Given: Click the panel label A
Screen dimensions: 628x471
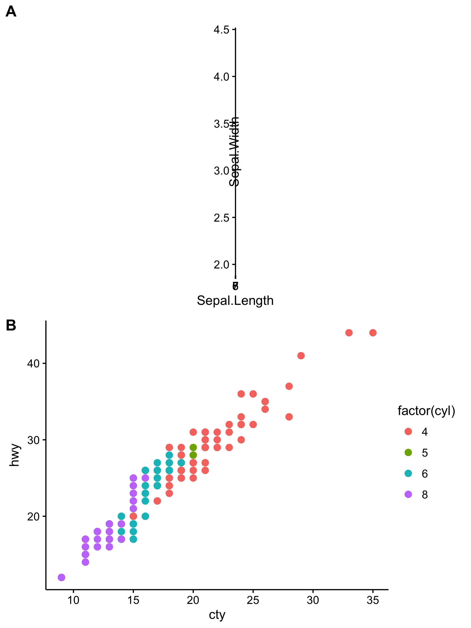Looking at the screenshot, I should [x=11, y=12].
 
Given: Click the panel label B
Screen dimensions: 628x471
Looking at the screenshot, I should [x=11, y=325].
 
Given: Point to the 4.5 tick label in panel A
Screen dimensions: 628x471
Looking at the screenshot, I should [x=221, y=30].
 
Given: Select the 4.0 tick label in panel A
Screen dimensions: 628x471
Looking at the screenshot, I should [x=221, y=77].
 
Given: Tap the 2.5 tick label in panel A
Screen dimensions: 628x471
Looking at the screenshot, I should [x=221, y=218].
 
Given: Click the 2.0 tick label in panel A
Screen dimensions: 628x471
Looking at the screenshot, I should [x=221, y=265].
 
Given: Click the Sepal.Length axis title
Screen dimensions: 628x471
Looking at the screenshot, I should [x=235, y=301].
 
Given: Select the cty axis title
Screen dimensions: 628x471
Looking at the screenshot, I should [x=217, y=615].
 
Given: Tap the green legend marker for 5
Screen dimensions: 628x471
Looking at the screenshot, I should [x=408, y=452].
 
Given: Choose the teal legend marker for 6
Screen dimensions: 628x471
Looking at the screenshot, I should [x=408, y=473].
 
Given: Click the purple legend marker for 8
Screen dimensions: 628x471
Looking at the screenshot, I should [x=408, y=494].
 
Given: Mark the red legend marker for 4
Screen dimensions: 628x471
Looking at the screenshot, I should [x=408, y=431].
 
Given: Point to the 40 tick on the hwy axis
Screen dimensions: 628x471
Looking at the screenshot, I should [x=33, y=363].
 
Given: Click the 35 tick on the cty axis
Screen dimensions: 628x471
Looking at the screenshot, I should [x=373, y=600].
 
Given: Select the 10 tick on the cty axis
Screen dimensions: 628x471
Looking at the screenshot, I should [x=73, y=600].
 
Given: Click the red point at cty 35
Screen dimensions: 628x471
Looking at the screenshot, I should [x=373, y=333].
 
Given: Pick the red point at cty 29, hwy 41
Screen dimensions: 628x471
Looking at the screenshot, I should [x=301, y=356].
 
